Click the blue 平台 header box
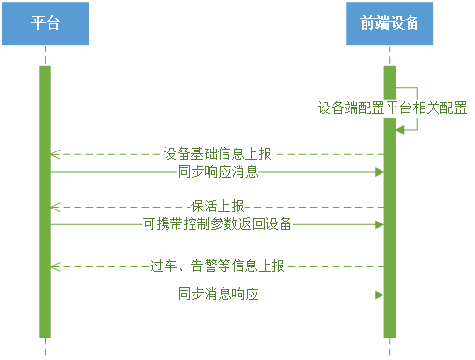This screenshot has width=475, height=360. [x=45, y=23]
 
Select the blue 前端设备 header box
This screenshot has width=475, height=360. [x=389, y=23]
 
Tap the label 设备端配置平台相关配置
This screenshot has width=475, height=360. [x=392, y=108]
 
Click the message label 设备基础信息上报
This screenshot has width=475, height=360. [x=218, y=154]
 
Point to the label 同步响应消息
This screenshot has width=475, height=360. [x=218, y=171]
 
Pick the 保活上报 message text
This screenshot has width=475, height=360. [x=218, y=207]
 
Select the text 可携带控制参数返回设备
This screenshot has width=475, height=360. [x=218, y=223]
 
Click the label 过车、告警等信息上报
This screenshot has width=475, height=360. [x=217, y=266]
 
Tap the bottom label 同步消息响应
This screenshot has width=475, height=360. [x=218, y=294]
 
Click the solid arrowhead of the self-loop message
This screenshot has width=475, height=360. [x=399, y=130]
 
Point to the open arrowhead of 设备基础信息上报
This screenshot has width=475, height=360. [x=55, y=154]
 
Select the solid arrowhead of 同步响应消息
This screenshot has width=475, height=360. [x=380, y=172]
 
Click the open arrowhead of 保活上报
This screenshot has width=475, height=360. [x=55, y=207]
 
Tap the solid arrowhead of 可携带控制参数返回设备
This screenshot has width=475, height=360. [x=380, y=224]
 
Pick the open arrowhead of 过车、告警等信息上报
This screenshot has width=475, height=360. [x=55, y=267]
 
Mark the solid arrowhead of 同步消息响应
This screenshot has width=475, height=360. [x=380, y=295]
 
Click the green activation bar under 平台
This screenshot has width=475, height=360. [x=45, y=202]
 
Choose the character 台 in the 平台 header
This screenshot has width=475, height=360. [x=52, y=23]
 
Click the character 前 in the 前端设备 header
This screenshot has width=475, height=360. [x=367, y=23]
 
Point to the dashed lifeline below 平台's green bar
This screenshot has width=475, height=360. [x=45, y=347]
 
